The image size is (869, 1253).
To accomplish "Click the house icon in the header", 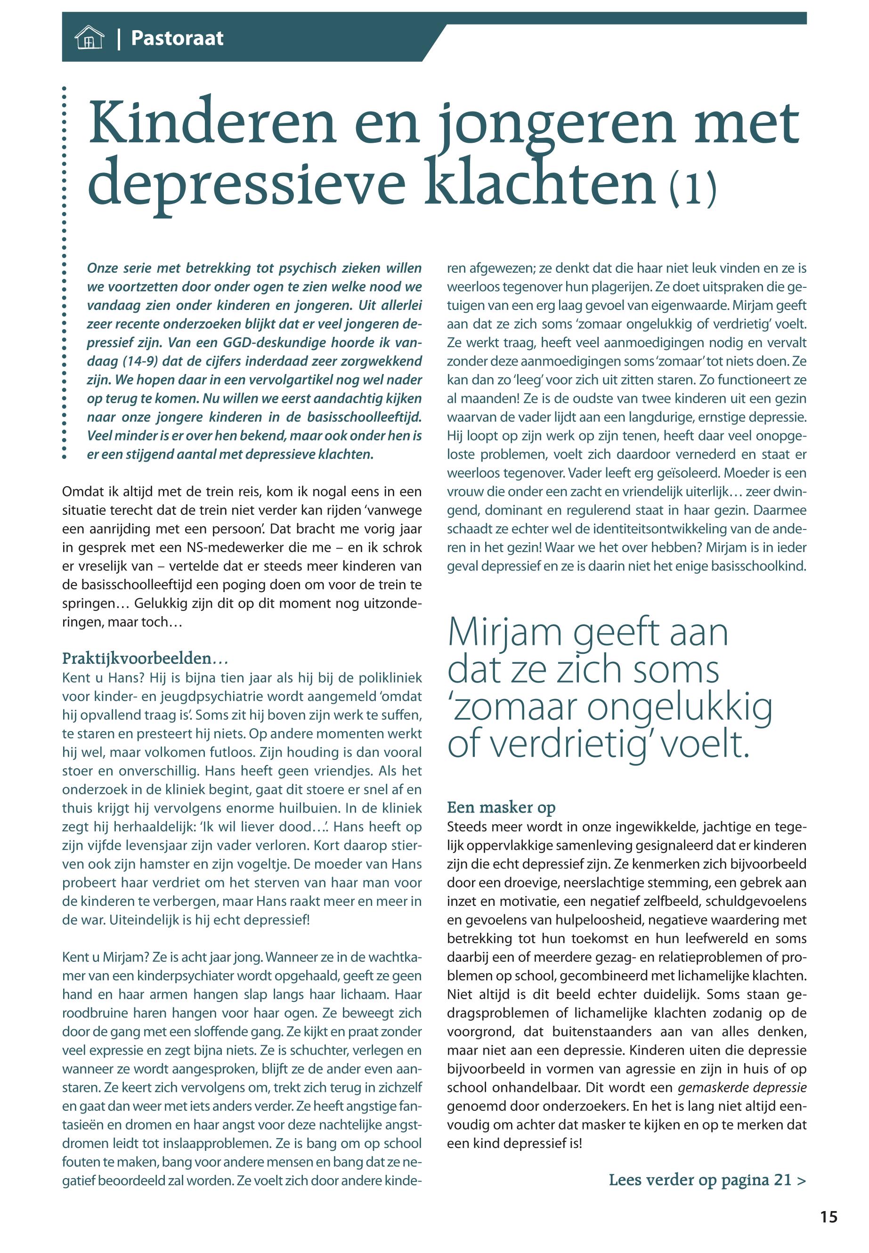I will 89,38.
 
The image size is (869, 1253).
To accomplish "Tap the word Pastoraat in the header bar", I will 177,38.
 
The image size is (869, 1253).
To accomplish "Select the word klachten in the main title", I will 540,182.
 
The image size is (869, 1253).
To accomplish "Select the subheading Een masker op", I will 501,807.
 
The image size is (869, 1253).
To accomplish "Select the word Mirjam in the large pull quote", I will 505,633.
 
